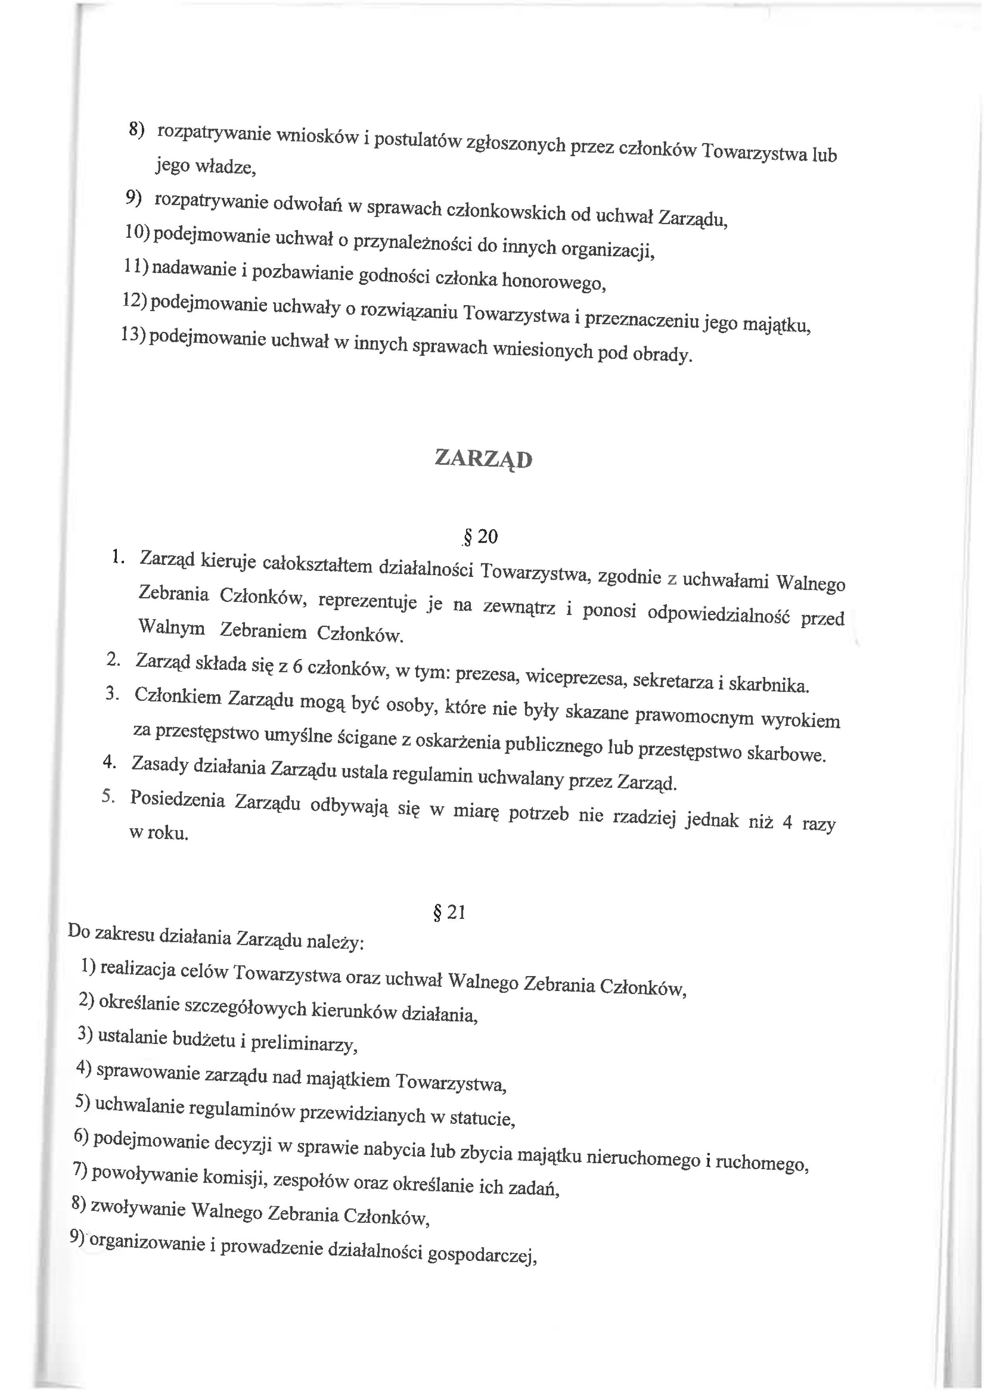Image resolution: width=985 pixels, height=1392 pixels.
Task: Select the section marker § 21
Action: coord(449,912)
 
